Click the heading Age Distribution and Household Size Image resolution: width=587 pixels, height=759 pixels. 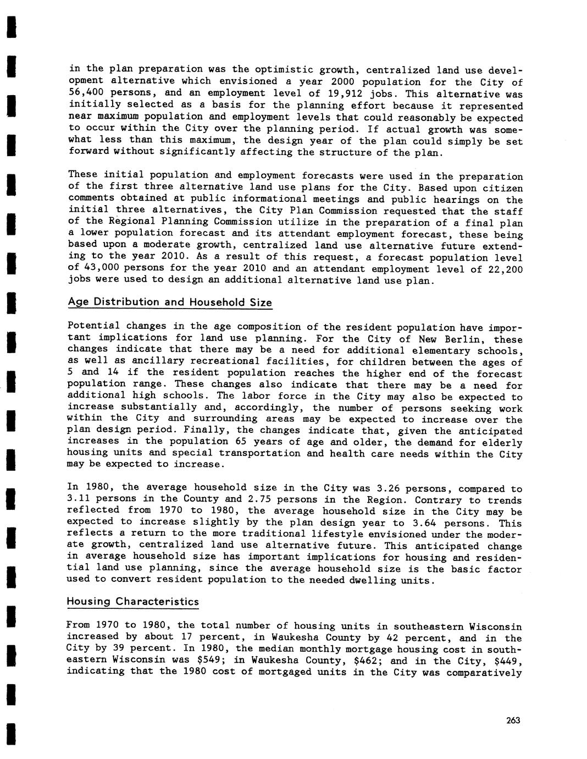[x=169, y=302]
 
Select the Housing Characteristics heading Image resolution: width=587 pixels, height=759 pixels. [x=132, y=601]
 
